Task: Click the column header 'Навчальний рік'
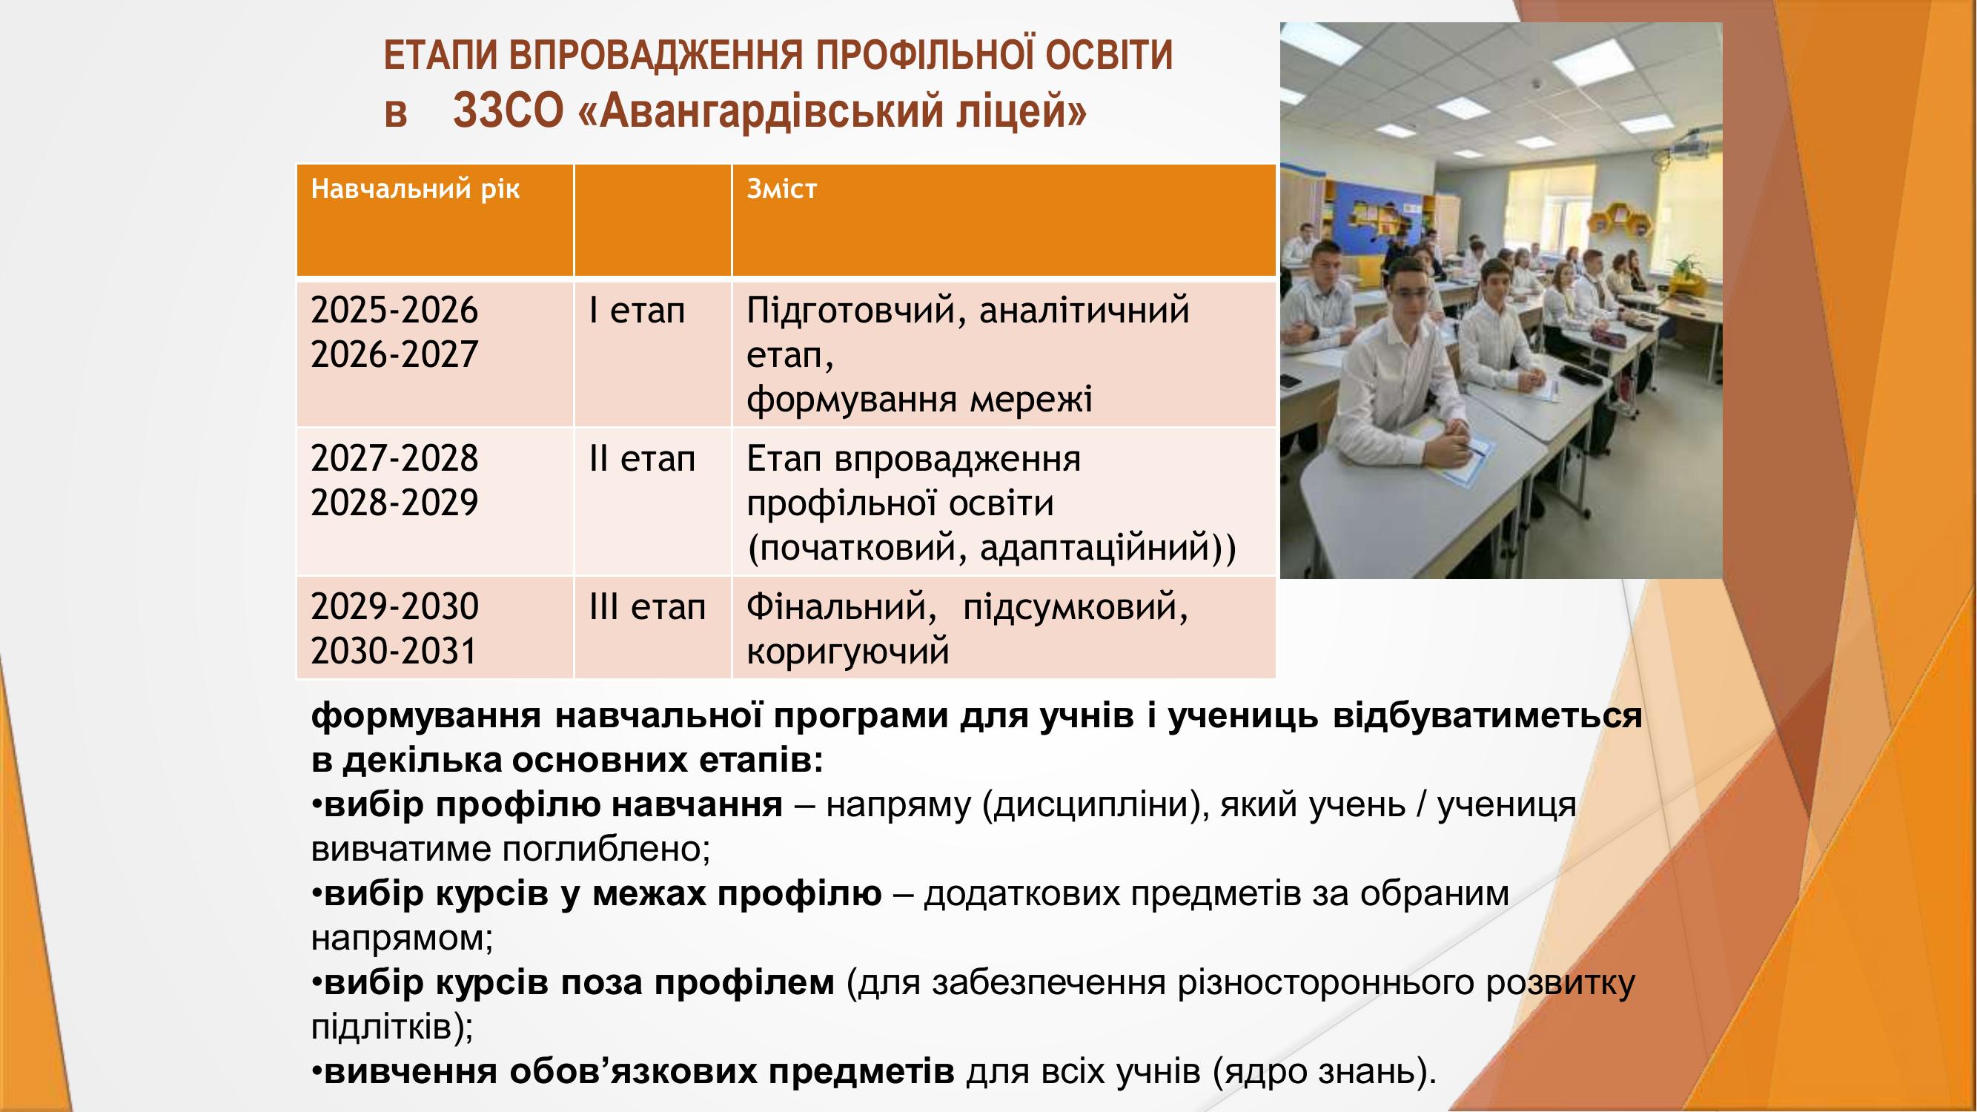click(415, 189)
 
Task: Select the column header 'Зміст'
click(781, 189)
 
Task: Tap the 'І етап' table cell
click(636, 311)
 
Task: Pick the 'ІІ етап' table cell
click(642, 459)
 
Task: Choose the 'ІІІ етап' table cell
click(647, 607)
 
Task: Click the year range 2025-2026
click(394, 311)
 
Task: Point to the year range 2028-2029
click(394, 503)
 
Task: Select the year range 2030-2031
click(394, 651)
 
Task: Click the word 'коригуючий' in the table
click(848, 652)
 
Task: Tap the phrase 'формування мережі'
click(919, 400)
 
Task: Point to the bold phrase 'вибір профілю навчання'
click(553, 805)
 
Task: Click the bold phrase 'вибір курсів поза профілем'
click(579, 982)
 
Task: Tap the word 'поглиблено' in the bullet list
click(606, 850)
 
